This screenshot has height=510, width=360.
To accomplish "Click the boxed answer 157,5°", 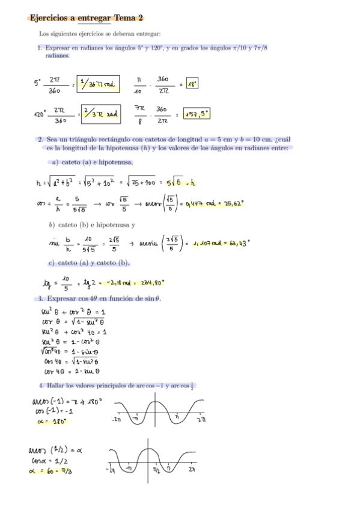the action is click(x=197, y=113).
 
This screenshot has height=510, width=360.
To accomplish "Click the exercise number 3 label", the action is click(x=40, y=298).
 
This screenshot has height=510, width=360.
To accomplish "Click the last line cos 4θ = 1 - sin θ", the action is click(x=72, y=371).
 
